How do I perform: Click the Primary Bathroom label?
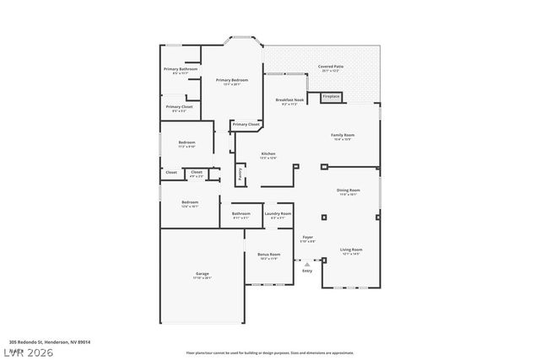pyautogui.click(x=180, y=70)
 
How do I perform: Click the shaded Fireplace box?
pyautogui.click(x=332, y=97)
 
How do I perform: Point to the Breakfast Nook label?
pyautogui.click(x=289, y=101)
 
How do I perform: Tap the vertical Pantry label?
pyautogui.click(x=240, y=174)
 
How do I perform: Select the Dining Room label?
pyautogui.click(x=348, y=192)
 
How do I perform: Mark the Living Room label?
pyautogui.click(x=351, y=251)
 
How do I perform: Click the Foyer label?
pyautogui.click(x=308, y=239)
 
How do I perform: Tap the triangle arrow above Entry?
pyautogui.click(x=307, y=263)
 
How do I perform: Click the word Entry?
pyautogui.click(x=307, y=271)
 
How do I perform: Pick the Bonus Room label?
pyautogui.click(x=268, y=255)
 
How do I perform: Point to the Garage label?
pyautogui.click(x=202, y=275)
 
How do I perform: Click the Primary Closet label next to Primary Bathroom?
pyautogui.click(x=179, y=108)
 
